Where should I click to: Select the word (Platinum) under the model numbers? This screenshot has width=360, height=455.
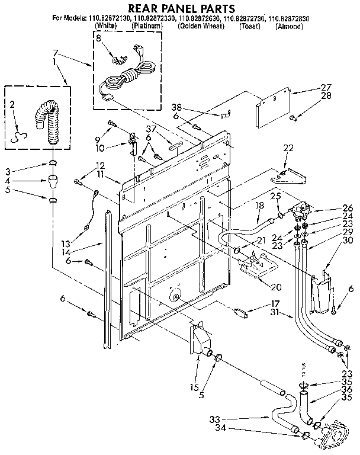(x=148, y=27)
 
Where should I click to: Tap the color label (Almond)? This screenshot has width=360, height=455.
(x=290, y=27)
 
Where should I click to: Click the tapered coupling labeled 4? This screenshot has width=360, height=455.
(x=53, y=179)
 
